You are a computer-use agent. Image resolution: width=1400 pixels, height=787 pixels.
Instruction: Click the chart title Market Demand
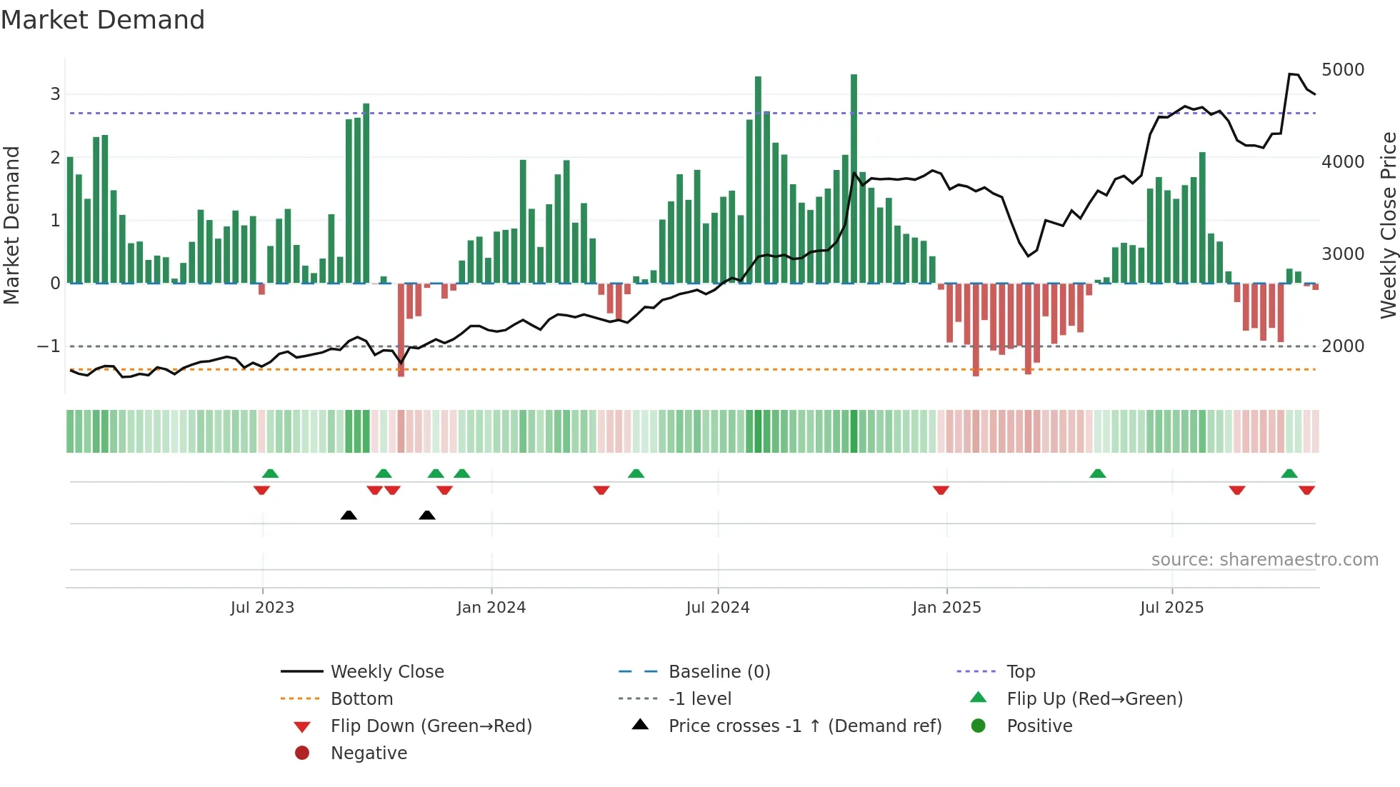click(x=103, y=20)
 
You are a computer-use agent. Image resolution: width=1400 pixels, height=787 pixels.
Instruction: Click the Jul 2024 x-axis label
click(x=718, y=608)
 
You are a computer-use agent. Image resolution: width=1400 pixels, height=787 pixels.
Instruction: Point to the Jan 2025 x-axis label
click(x=946, y=608)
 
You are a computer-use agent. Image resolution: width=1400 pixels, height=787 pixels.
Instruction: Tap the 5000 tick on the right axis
click(x=1343, y=70)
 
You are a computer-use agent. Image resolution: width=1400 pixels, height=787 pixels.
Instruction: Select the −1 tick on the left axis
click(x=49, y=346)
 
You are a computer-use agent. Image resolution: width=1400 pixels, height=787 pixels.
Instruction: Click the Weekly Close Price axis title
click(x=1388, y=225)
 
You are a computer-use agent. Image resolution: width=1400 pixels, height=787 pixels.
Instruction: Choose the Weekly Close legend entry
click(x=386, y=672)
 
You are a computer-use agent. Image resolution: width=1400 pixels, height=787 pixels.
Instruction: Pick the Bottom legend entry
click(x=361, y=699)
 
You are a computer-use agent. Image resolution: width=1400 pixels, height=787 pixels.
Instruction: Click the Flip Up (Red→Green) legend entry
click(x=1094, y=699)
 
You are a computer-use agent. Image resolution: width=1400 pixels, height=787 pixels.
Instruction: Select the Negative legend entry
click(x=369, y=753)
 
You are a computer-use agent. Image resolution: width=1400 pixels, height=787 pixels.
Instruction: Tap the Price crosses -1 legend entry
click(x=804, y=726)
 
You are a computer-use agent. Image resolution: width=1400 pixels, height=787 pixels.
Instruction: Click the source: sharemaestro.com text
click(x=1264, y=560)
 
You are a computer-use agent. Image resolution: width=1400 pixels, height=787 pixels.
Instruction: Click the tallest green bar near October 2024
click(x=854, y=179)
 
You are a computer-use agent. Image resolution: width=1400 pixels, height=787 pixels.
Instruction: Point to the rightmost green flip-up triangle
click(x=1289, y=473)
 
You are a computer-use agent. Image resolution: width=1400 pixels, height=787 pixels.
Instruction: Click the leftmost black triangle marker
click(x=349, y=515)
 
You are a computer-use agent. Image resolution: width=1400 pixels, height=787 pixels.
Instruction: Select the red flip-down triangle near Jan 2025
click(x=941, y=490)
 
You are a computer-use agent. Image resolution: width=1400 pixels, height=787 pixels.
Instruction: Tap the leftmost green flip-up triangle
click(x=270, y=473)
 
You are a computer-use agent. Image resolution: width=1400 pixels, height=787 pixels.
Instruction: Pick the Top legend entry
click(x=1021, y=672)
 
